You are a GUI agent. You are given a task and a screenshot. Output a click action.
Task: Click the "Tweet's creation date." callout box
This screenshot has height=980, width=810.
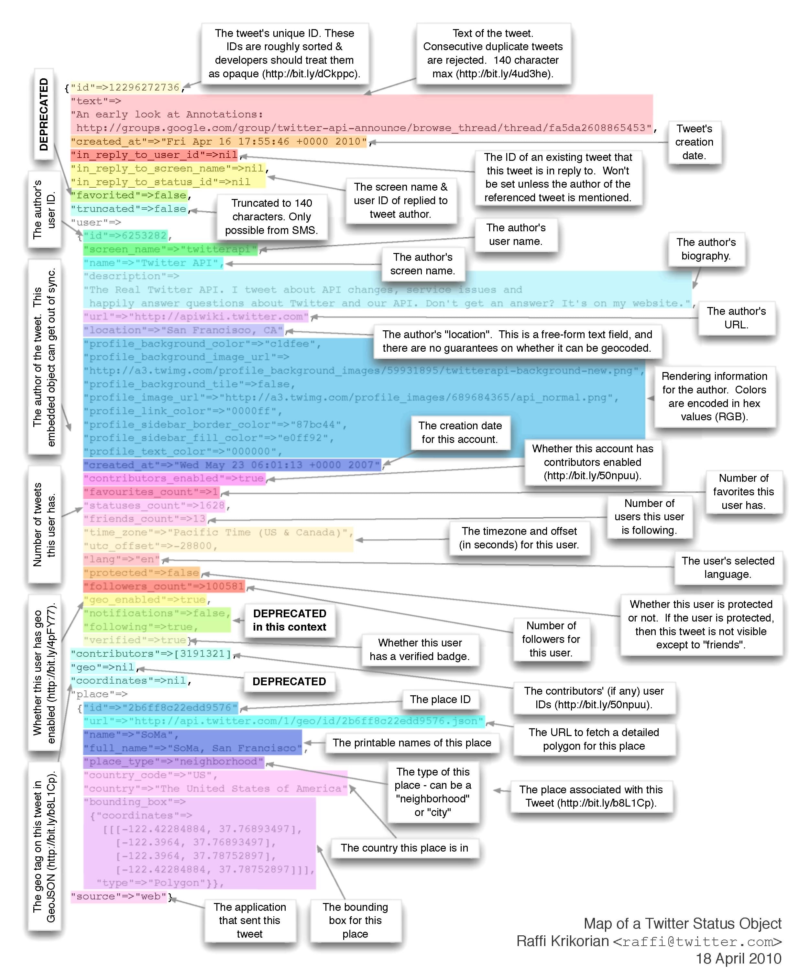point(694,142)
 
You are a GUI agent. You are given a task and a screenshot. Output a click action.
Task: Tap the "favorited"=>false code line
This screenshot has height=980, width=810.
point(129,195)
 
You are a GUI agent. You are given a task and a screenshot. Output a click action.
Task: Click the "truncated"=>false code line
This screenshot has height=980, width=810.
point(129,209)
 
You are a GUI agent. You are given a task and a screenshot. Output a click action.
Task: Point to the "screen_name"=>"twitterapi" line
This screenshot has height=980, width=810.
point(170,249)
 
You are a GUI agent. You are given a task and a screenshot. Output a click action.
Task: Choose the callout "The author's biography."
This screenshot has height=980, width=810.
point(706,249)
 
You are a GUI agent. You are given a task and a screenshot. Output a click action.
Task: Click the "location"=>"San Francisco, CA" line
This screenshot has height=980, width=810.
point(183,330)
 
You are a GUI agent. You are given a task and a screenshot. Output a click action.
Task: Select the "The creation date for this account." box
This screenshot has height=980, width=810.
point(460,433)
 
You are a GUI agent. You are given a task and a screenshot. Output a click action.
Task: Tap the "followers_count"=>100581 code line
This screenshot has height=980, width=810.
point(164,586)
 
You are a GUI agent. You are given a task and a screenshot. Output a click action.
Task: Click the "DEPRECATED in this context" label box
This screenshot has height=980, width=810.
point(289,620)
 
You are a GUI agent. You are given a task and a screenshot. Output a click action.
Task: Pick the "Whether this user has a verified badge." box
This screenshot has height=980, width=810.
point(420,650)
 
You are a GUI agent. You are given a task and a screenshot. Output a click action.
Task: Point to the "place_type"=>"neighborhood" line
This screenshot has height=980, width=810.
point(174,762)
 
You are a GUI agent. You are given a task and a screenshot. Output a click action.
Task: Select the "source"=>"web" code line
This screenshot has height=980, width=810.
point(119,897)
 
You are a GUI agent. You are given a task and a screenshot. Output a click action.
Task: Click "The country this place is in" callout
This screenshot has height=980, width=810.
point(405,848)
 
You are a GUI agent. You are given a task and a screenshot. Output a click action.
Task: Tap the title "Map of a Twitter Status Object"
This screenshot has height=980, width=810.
point(682,923)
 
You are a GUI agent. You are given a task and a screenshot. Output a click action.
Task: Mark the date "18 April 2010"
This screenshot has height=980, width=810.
point(738,959)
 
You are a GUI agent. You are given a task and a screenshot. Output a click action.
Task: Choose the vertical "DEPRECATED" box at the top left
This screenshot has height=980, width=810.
point(44,114)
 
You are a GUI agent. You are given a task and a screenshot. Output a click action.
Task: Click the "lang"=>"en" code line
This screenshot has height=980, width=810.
point(121,559)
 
